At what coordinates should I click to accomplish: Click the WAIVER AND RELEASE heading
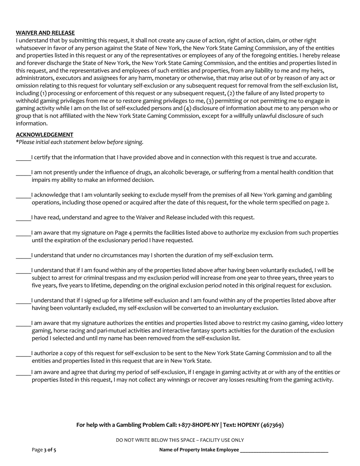45,33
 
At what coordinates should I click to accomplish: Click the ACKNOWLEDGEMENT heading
44,135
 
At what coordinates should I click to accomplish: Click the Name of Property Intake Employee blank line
284,450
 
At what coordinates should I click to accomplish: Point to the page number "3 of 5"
50,450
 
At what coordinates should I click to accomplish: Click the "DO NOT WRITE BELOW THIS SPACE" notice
180,440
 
